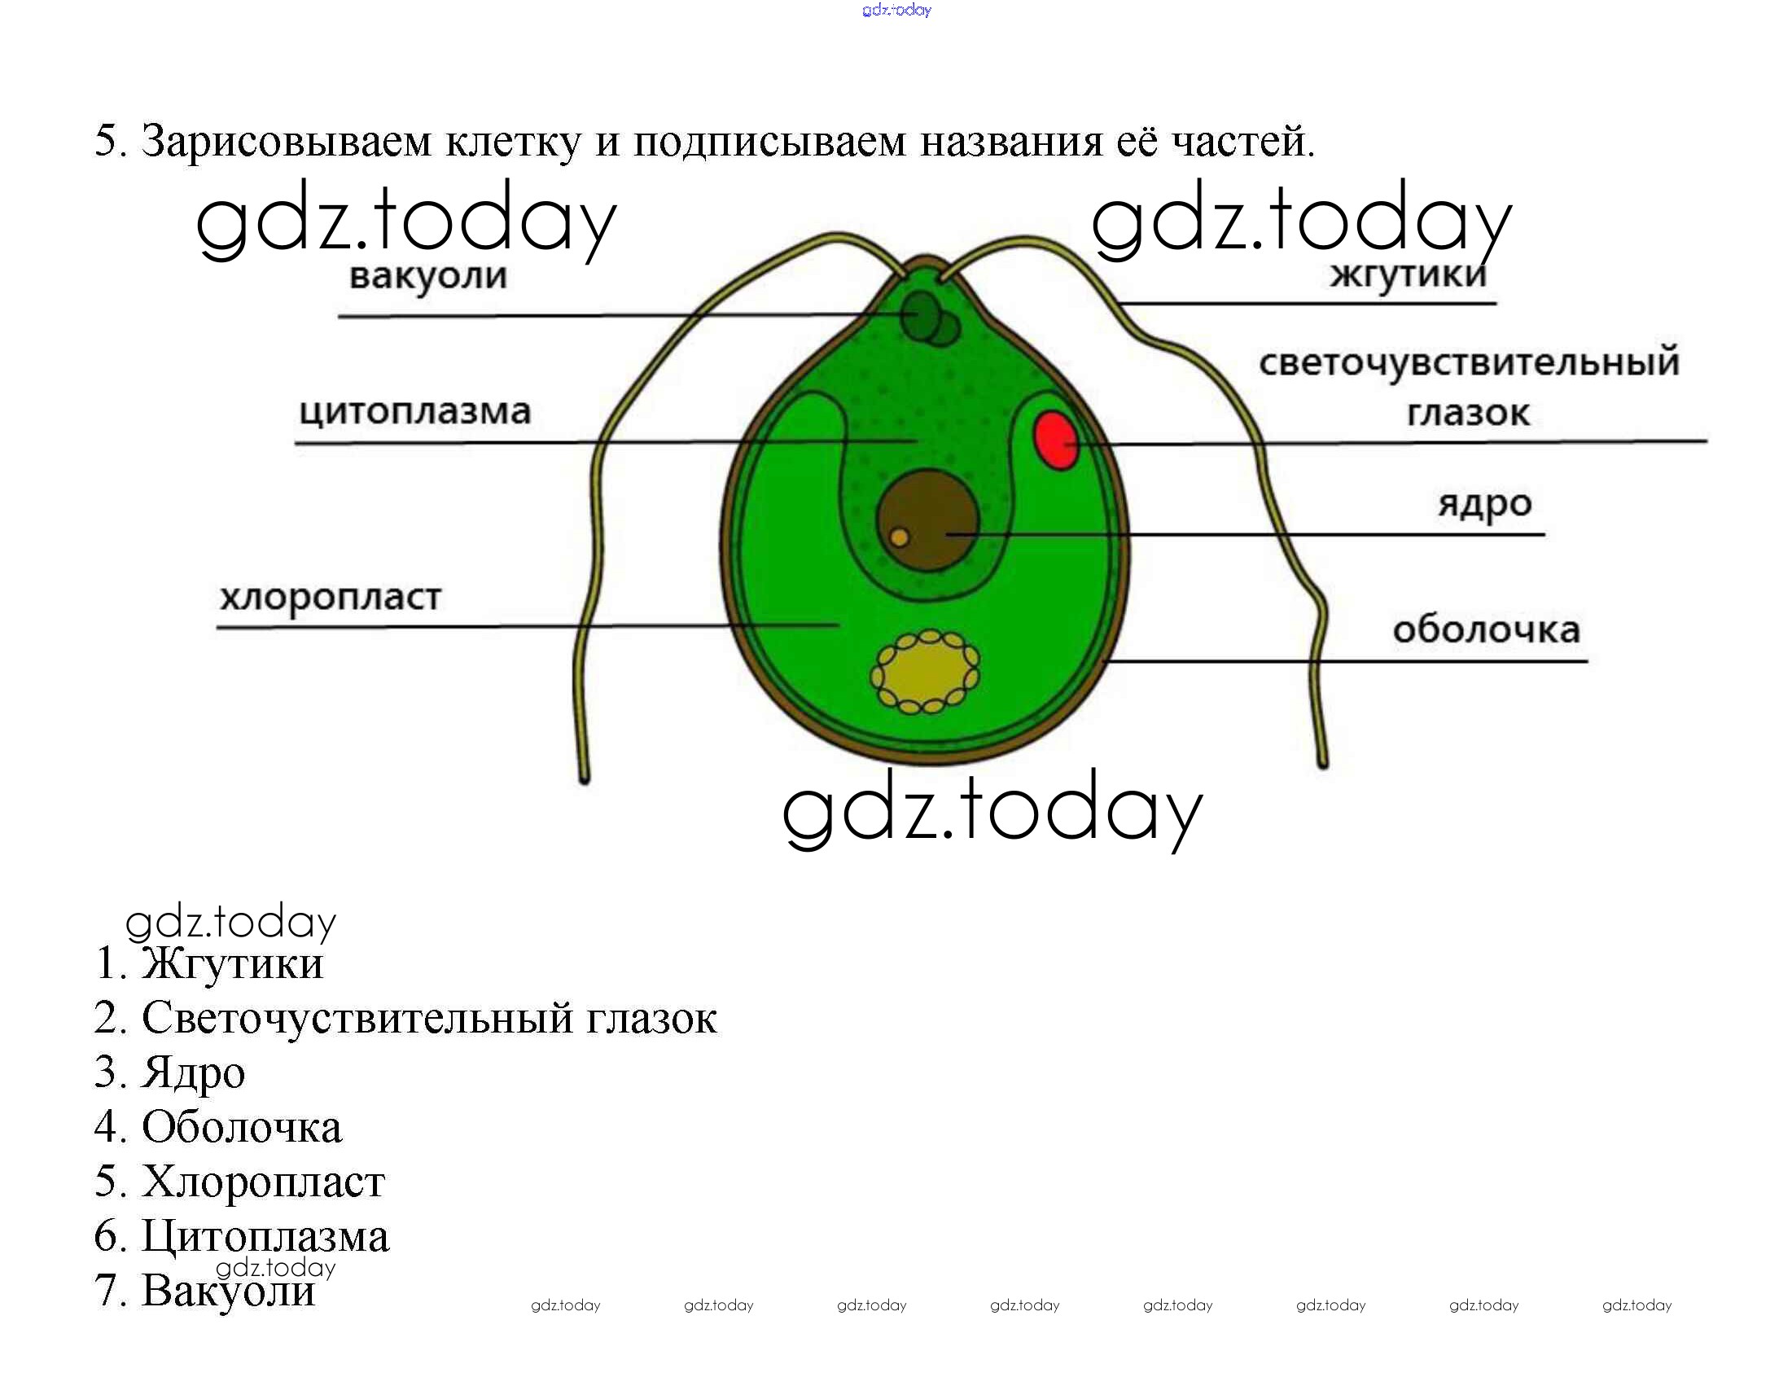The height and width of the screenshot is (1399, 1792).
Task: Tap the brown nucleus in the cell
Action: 927,520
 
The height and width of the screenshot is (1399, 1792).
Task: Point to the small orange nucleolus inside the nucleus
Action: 900,537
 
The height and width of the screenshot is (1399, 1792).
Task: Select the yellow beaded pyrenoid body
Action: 925,671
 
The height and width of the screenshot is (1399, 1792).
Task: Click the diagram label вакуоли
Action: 428,275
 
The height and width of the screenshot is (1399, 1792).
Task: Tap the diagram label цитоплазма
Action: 415,411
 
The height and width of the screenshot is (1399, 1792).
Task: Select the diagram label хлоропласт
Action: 331,597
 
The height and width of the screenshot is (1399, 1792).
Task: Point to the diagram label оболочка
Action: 1487,630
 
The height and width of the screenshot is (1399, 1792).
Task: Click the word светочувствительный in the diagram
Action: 1470,362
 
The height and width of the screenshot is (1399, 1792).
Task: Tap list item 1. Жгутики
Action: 209,963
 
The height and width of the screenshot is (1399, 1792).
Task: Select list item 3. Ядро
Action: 170,1072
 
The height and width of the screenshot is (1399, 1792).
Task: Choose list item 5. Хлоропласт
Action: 239,1182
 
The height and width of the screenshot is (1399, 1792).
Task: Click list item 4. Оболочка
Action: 218,1126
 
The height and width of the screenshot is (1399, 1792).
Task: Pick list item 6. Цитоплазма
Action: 242,1236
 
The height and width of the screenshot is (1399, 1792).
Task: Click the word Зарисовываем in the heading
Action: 287,141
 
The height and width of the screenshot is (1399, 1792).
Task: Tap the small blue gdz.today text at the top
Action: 897,10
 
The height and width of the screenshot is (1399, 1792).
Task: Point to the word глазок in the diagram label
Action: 1469,413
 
